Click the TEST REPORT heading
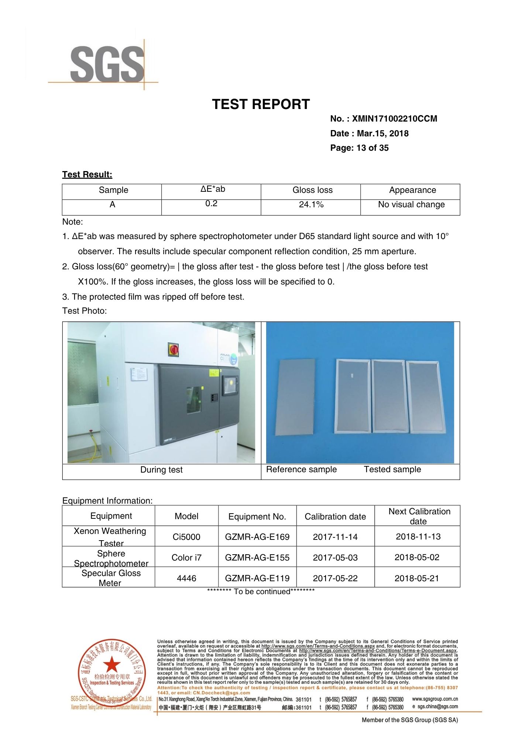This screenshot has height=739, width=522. (261, 105)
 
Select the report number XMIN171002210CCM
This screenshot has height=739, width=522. (394, 119)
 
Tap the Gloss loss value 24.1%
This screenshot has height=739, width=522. (311, 205)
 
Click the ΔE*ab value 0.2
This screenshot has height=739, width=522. (211, 204)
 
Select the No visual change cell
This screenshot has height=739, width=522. (411, 205)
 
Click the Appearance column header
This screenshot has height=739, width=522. (412, 190)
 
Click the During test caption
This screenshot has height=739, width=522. (161, 470)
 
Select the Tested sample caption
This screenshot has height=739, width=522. (392, 470)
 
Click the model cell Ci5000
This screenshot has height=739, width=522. (186, 537)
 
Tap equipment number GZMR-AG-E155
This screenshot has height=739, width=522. (257, 558)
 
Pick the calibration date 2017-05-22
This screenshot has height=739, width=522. (335, 578)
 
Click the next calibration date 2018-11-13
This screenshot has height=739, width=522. (418, 537)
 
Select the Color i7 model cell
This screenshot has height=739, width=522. (186, 558)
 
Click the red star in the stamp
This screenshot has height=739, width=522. (111, 665)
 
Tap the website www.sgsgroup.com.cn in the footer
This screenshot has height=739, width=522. (435, 699)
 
